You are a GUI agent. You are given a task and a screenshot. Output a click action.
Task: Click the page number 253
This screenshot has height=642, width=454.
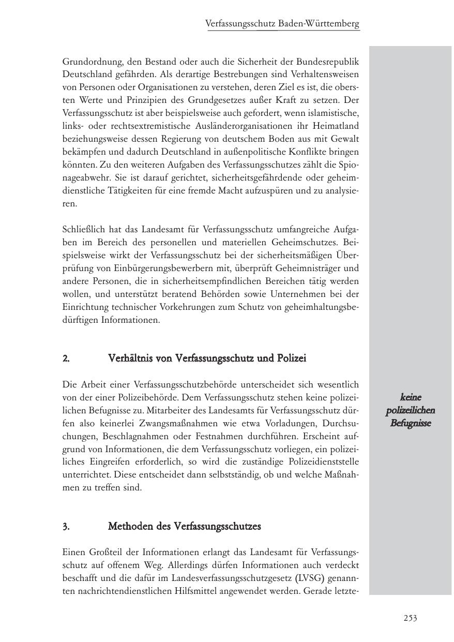click(410, 618)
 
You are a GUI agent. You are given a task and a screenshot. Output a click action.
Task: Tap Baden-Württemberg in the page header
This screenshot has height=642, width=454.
click(319, 24)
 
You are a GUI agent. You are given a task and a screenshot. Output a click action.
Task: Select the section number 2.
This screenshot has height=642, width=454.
click(66, 359)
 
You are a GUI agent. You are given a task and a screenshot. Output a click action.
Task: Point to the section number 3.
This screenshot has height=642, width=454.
click(66, 527)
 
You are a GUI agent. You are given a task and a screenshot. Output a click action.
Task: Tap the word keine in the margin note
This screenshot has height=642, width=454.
click(411, 397)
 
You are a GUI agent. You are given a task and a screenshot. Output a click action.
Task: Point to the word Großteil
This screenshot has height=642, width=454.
click(103, 553)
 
